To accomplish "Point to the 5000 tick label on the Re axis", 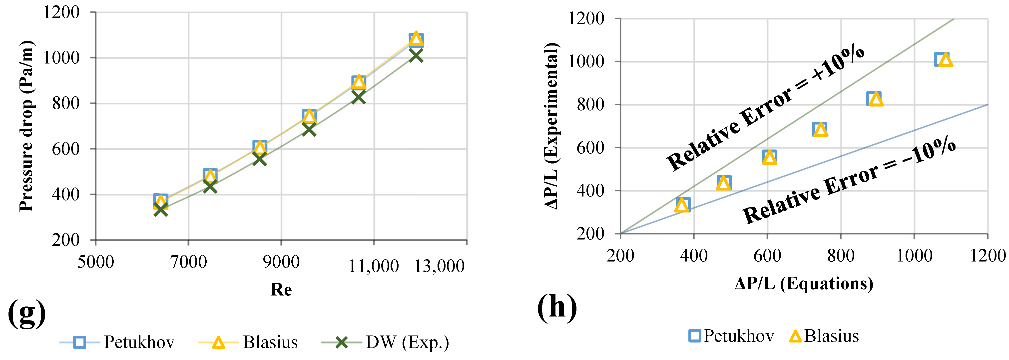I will point(95,262).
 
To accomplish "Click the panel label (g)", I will point(27,313).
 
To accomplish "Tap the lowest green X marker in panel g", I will point(161,209).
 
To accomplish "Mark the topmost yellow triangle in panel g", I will point(416,39).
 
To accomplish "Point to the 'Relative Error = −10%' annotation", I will point(849,180).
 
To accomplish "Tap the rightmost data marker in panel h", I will point(944,59).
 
